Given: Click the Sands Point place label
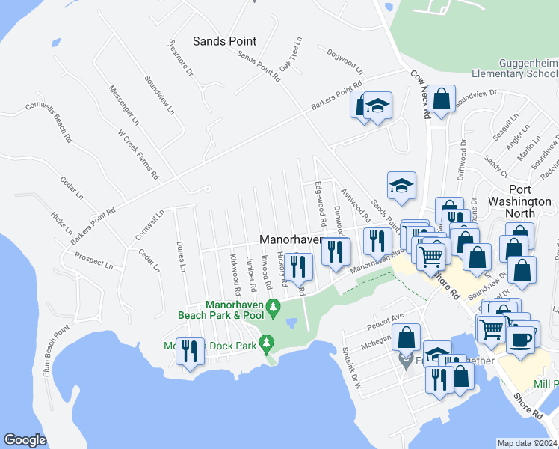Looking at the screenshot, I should click(x=224, y=42).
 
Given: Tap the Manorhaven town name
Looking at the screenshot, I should click(x=291, y=240).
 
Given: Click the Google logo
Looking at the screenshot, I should click(x=25, y=440).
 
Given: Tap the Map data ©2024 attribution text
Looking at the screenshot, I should click(x=527, y=443).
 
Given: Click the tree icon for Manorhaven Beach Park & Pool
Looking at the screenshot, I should click(x=274, y=306).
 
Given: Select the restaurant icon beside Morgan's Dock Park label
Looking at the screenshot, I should click(x=191, y=349).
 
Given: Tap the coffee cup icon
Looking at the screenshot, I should click(x=521, y=337).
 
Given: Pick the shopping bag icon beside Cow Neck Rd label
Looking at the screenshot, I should click(x=442, y=99).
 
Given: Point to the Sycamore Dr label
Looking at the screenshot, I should click(x=180, y=61).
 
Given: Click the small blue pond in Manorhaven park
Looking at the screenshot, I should click(x=291, y=323).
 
